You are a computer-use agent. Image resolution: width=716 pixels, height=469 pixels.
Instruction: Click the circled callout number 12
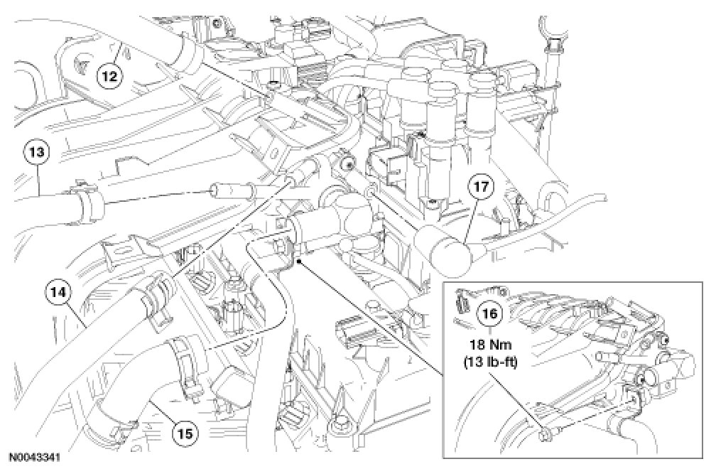109,73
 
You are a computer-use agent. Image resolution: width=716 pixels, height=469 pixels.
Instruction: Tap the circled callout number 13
38,152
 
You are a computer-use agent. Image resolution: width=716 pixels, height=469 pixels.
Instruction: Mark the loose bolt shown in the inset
545,432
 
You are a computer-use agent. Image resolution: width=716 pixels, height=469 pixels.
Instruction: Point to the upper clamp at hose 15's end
186,355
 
